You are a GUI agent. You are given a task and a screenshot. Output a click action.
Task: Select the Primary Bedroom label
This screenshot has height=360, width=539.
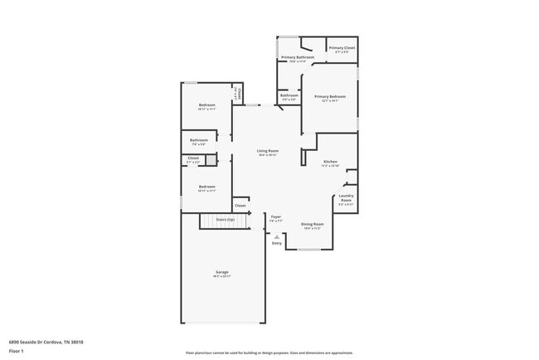point(330,96)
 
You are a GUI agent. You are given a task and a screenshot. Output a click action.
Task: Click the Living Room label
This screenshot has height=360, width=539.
point(266,151)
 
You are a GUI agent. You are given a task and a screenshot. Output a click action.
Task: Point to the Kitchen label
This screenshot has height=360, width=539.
point(330,161)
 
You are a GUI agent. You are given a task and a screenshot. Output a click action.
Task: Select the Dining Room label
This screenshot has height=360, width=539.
point(312,224)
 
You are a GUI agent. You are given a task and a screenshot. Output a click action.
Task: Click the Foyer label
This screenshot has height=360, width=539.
point(276,217)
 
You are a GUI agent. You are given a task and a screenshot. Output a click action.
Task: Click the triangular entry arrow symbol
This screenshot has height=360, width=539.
point(277,236)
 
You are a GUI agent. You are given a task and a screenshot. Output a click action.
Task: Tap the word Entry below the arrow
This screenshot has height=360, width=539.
point(277,243)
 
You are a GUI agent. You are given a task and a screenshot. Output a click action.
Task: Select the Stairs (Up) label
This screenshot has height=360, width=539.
point(225,220)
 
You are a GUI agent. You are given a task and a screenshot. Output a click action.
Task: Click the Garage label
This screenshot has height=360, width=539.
point(222,272)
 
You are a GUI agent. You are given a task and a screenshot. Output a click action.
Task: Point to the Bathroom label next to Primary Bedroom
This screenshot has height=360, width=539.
point(289,95)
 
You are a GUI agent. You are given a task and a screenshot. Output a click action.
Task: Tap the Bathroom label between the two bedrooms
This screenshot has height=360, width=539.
point(198,140)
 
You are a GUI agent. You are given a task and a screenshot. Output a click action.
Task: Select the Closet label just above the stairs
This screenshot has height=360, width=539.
point(240,205)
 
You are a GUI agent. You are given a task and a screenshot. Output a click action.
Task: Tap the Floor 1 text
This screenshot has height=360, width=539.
point(17,351)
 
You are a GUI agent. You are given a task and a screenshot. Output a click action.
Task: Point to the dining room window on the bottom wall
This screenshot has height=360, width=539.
point(309,249)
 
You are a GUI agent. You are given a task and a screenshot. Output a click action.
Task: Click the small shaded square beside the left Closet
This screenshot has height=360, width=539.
point(211,160)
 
